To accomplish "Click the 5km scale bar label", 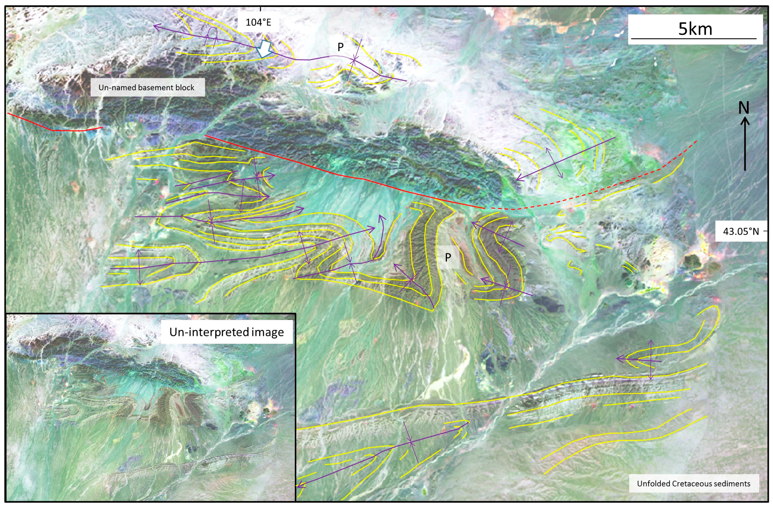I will pos(695,29).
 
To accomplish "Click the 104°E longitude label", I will pos(258,22).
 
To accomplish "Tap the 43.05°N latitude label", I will pos(741,231).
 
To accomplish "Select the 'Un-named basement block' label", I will pos(147,87).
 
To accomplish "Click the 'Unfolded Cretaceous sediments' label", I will pos(693,484).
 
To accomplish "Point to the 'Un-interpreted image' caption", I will pos(227,332).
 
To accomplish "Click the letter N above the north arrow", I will pos(743,107).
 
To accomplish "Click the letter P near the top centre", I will pos(340,47).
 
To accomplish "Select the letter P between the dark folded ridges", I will pos(448,257).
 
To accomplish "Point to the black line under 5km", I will pos(694,38).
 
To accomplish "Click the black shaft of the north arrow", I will pos(745,148).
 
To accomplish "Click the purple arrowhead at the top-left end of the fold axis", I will pos(156,26).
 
